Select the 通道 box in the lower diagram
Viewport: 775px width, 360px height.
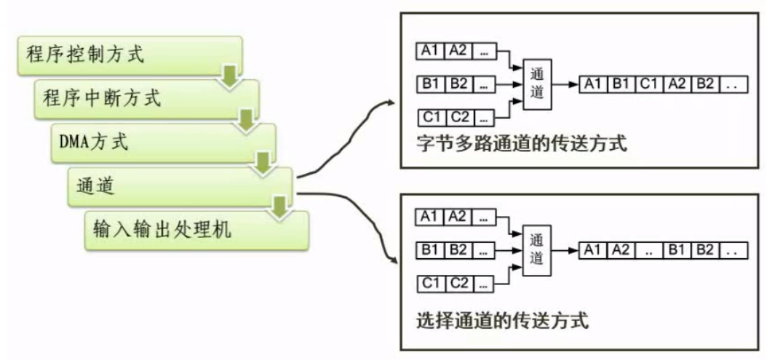pos(536,249)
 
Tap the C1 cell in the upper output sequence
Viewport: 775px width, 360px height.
pos(648,85)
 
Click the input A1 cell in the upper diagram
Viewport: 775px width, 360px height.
pos(429,50)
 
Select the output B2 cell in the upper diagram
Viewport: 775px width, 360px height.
pos(704,85)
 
